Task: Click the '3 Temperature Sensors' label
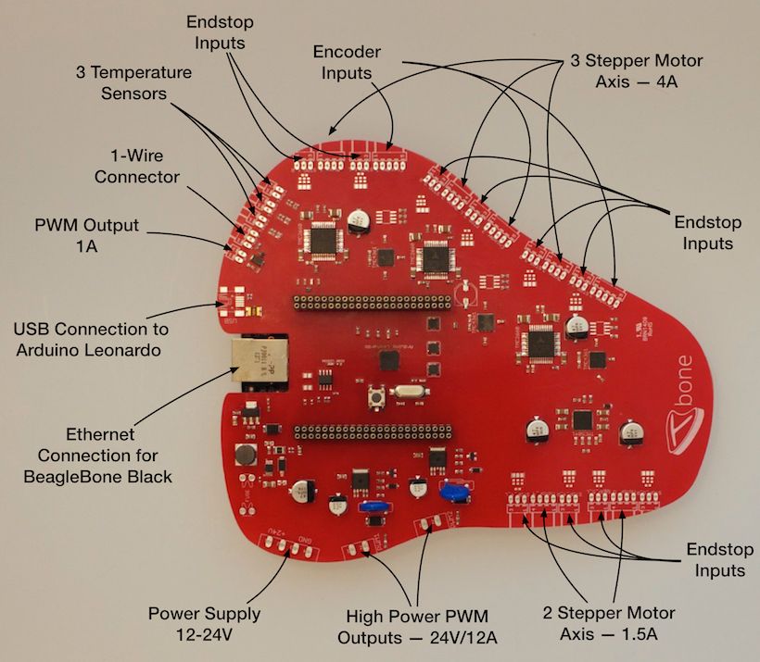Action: pos(134,82)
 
